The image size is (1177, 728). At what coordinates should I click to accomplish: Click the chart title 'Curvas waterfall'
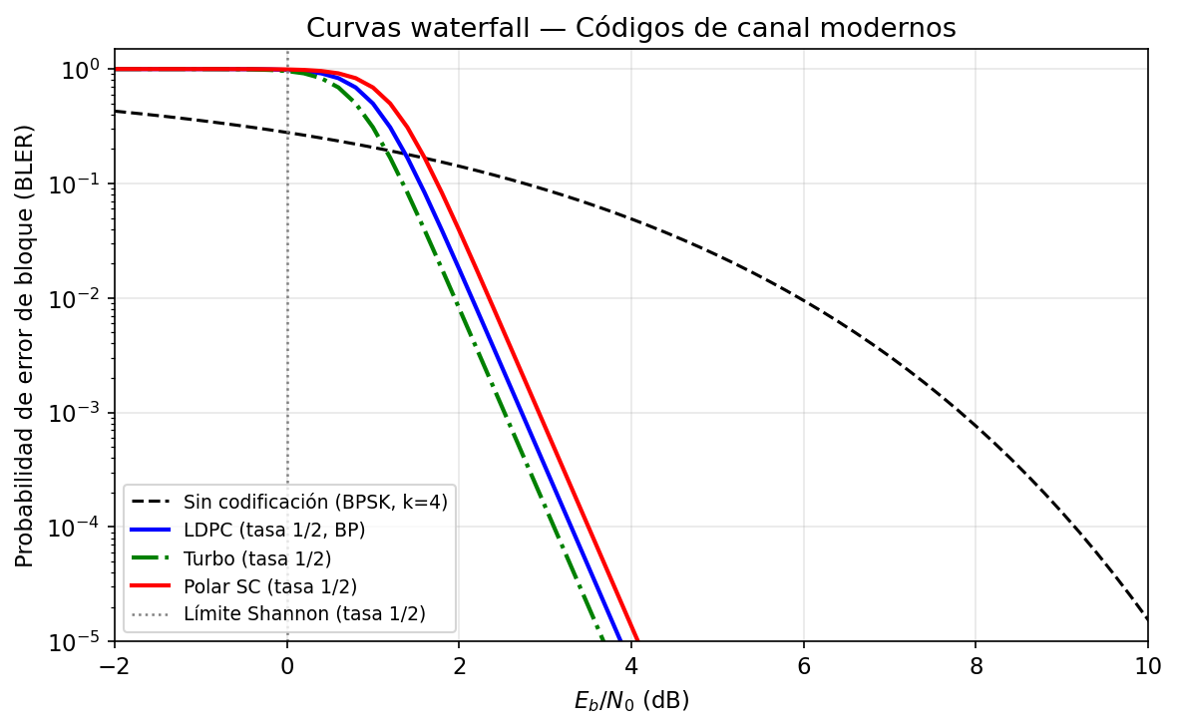point(630,29)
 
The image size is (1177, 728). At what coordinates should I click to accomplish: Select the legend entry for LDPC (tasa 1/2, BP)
point(274,530)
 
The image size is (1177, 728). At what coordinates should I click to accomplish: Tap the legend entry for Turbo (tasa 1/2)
point(257,557)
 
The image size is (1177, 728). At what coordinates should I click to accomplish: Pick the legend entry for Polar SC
point(270,585)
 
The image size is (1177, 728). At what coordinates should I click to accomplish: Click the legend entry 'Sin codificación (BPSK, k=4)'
point(315,502)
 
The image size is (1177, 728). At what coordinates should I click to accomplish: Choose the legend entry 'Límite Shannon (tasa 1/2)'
point(304,613)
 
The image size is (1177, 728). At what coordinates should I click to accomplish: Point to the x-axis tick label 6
point(804,665)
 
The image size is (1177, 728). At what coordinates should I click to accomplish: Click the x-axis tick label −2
point(115,665)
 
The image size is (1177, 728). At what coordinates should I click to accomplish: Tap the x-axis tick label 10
point(1148,665)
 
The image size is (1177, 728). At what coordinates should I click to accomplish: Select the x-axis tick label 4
point(631,665)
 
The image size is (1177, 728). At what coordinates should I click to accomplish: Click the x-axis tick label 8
point(976,665)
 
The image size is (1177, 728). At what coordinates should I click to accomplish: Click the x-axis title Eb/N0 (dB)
point(630,701)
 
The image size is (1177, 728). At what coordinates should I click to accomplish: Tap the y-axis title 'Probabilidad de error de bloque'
point(25,345)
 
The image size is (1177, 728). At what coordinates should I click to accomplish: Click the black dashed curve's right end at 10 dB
point(1147,619)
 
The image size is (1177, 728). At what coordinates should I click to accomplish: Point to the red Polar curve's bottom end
point(637,639)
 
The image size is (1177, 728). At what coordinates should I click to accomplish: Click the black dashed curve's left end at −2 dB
point(116,111)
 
